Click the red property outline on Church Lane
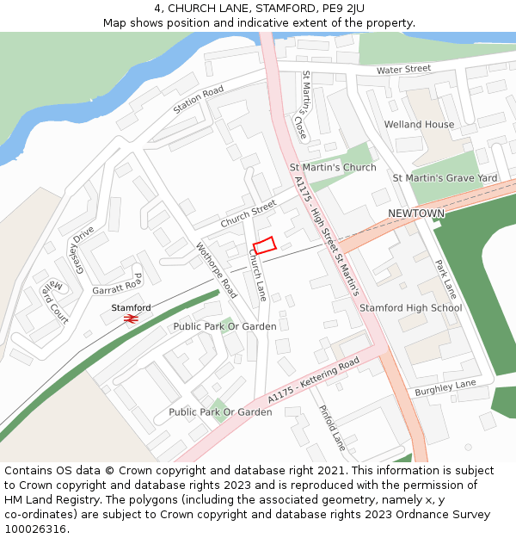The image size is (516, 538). pos(264,245)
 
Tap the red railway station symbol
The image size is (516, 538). pos(131,318)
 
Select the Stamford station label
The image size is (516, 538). pos(131,307)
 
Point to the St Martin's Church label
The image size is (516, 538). pos(333,168)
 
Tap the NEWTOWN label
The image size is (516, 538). pos(416,213)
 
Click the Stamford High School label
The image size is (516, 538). pos(410,307)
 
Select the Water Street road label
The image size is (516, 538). pos(403,69)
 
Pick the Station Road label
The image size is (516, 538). pos(198,100)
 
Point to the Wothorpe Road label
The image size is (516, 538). pos(217,269)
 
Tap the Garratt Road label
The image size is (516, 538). pos(117,284)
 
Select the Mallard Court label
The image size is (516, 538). pos(53,300)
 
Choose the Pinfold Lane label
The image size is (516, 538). pos(332,428)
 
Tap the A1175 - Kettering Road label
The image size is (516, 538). pos(312,381)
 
